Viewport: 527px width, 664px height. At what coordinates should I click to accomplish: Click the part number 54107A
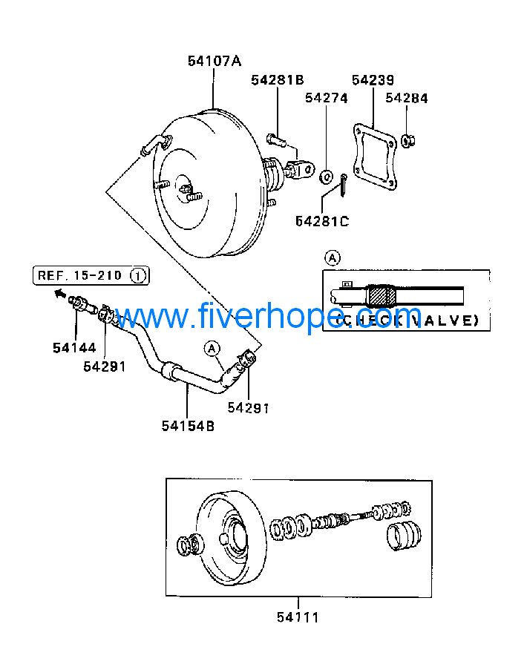[215, 62]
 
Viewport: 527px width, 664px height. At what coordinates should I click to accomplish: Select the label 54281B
[277, 80]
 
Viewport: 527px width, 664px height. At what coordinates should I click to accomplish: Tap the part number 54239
[373, 80]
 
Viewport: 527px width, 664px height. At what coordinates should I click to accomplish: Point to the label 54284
[407, 98]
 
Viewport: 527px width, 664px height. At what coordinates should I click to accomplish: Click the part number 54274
[326, 98]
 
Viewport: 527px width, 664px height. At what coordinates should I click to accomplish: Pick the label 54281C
[321, 220]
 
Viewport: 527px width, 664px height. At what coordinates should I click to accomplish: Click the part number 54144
[74, 346]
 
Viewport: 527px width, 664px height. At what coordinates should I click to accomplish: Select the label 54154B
[188, 425]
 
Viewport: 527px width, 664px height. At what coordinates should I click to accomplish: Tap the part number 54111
[298, 617]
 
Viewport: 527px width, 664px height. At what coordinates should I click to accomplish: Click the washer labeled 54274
[325, 177]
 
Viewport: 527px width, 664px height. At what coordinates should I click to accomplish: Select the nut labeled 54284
[407, 139]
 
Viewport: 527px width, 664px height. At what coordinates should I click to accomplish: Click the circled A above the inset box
[333, 258]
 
